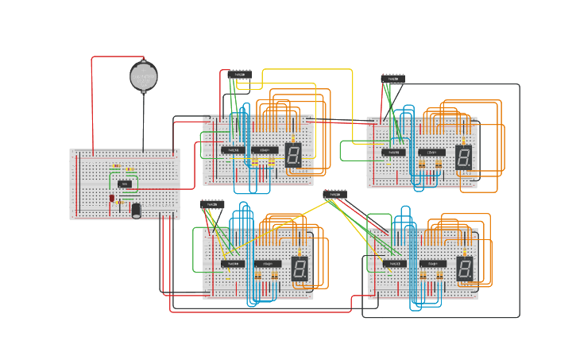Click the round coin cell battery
point(144,76)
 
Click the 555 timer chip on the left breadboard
point(125,184)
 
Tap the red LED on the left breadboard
point(112,197)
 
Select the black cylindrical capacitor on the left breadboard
point(136,210)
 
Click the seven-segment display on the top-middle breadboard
point(293,155)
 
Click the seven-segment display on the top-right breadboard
point(464,158)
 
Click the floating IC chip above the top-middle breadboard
point(239,75)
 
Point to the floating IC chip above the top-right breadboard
point(392,79)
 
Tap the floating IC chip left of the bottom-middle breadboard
point(213,204)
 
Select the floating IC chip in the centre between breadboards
point(334,195)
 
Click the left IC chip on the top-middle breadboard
point(233,149)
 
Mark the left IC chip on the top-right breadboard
point(393,152)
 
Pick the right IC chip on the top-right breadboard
point(431,152)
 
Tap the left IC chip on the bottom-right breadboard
point(394,263)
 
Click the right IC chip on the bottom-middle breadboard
point(267,263)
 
